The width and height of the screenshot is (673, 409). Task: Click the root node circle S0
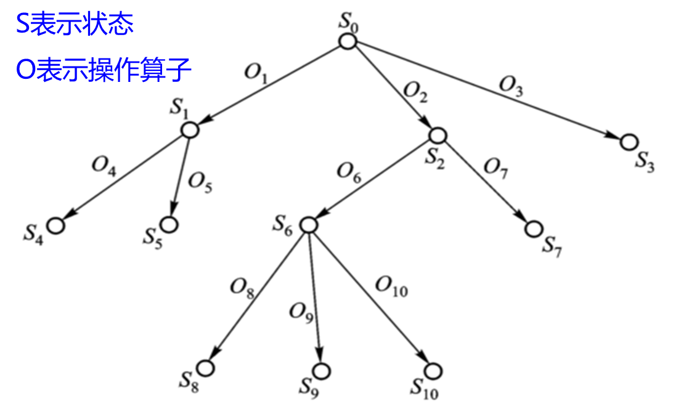click(x=348, y=42)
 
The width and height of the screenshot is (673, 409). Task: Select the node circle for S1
click(x=189, y=130)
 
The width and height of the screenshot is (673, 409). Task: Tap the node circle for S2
click(x=437, y=136)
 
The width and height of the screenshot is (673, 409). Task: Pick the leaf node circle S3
click(x=629, y=142)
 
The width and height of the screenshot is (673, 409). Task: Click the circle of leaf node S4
click(x=56, y=225)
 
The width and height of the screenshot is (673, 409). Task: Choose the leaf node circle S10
click(x=433, y=371)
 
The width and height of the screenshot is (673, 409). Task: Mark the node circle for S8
click(x=205, y=368)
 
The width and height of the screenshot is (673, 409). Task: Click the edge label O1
click(x=256, y=73)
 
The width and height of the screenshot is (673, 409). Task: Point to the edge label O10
click(x=391, y=286)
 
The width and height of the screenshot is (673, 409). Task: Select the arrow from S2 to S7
click(x=486, y=182)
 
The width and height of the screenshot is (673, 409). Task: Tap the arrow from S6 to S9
click(x=314, y=296)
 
